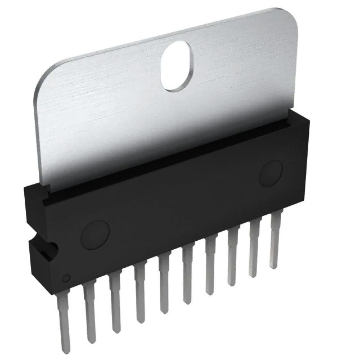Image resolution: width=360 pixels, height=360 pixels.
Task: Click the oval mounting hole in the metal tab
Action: click(177, 65)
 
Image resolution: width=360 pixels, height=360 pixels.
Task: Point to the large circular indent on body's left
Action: click(94, 235)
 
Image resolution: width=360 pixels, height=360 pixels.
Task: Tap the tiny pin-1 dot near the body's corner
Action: click(66, 278)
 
